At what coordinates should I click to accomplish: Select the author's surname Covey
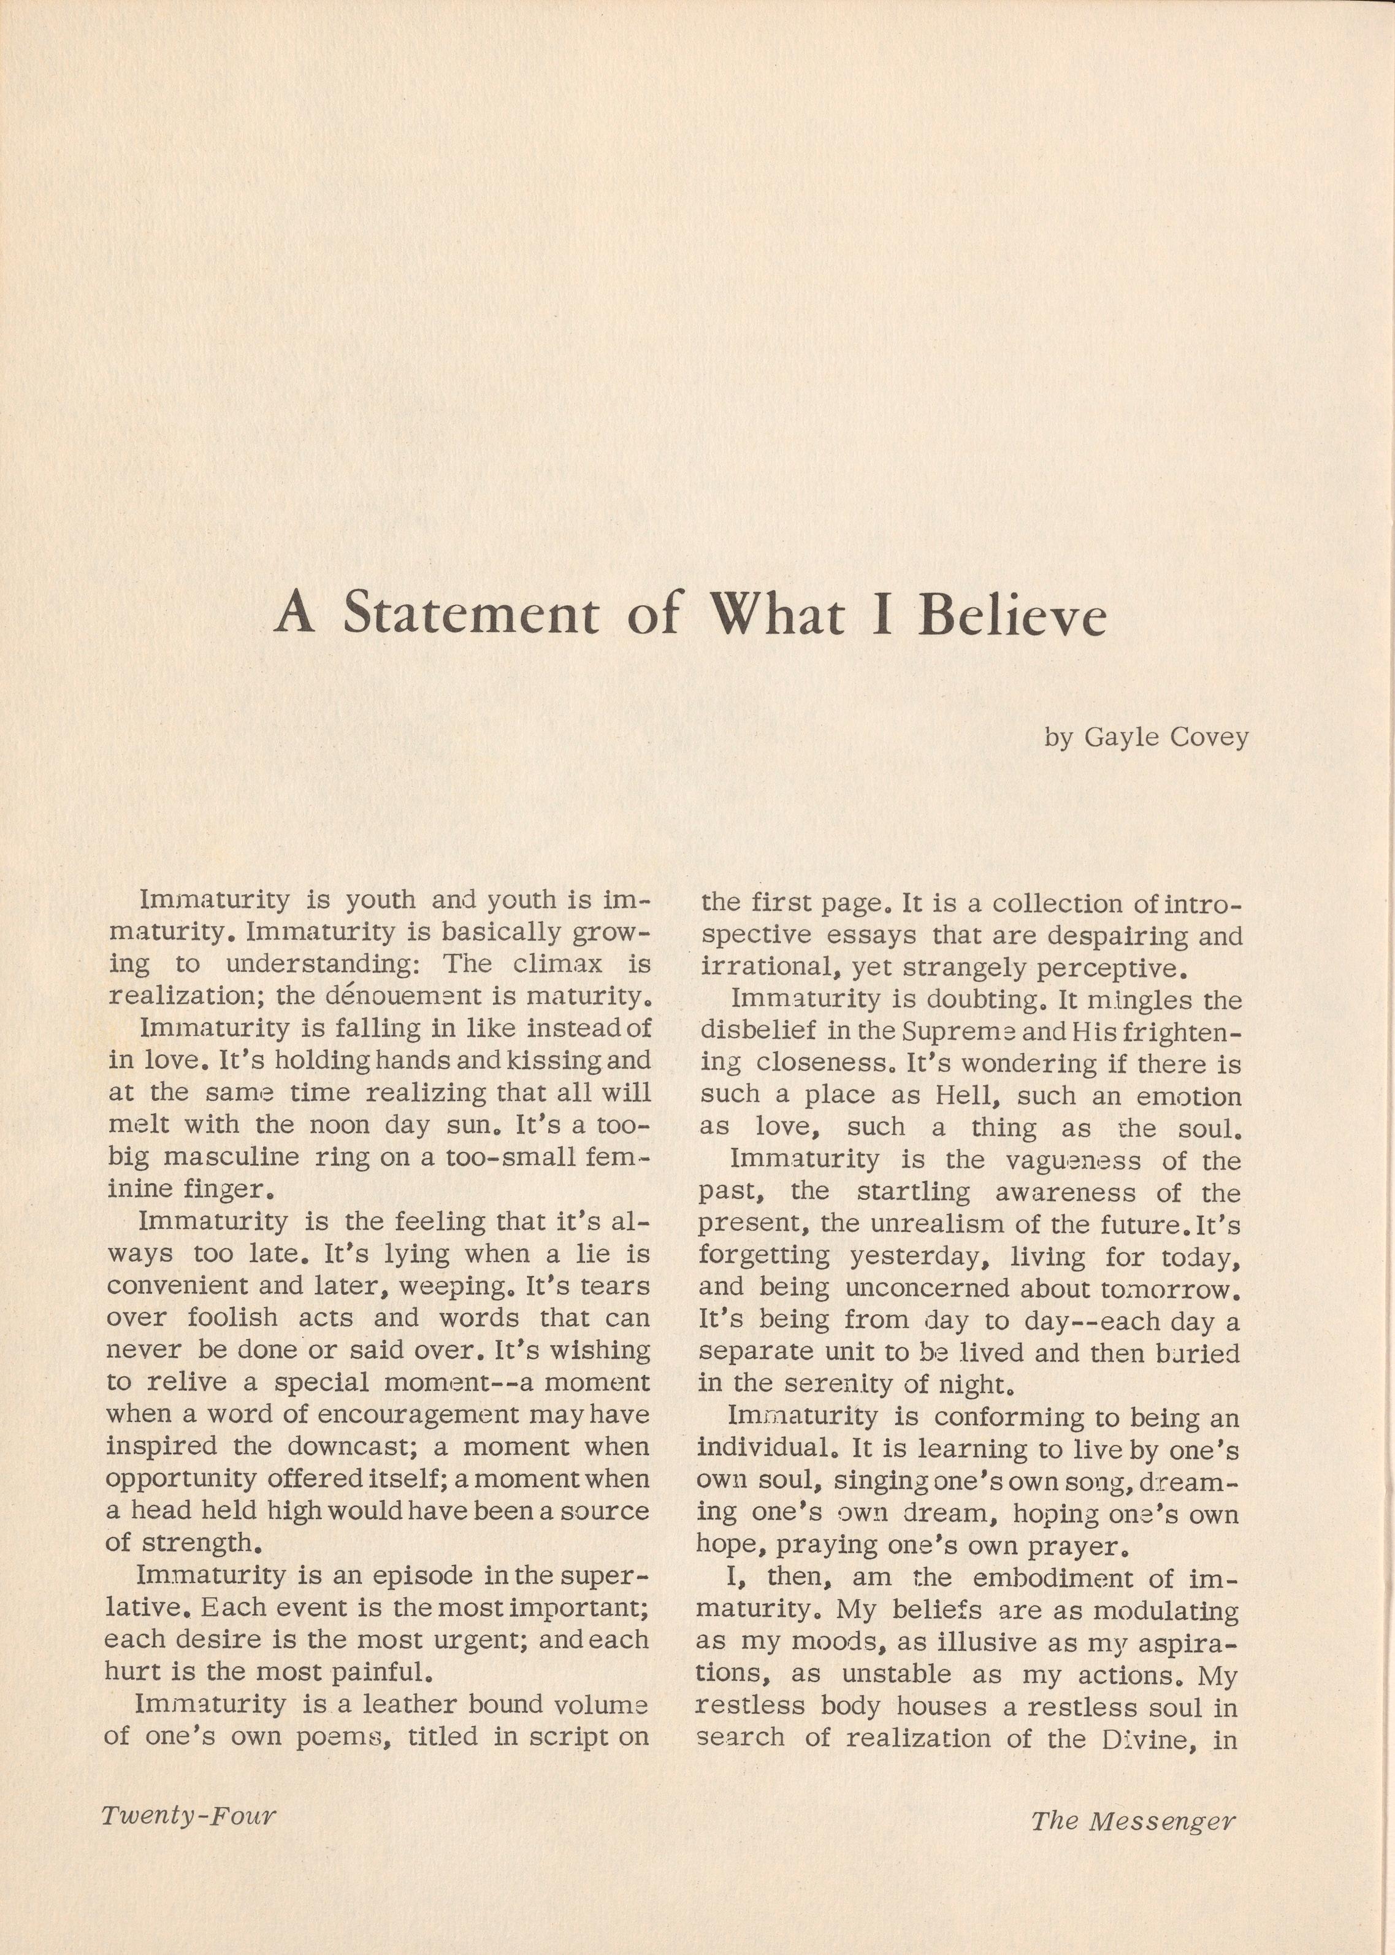click(x=1208, y=737)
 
